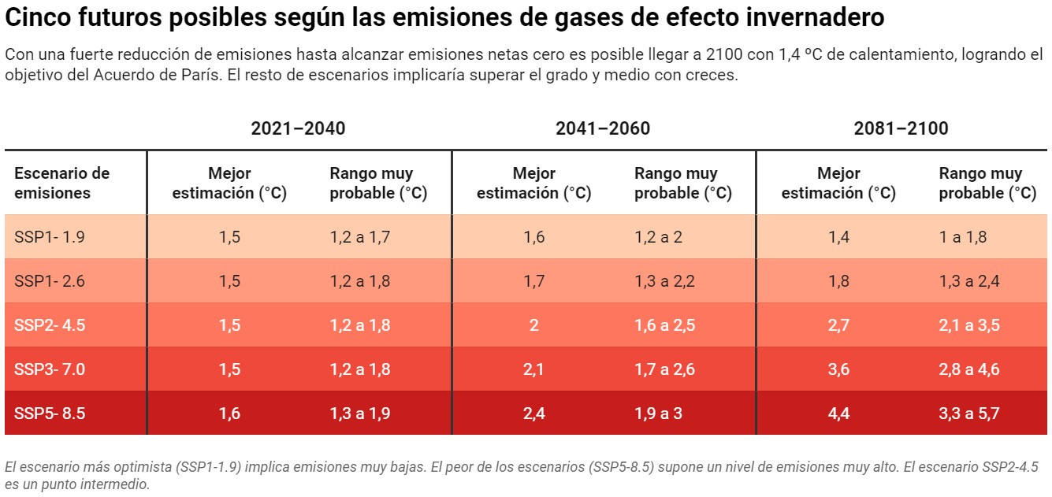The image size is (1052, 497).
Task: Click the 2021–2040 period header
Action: coord(298,128)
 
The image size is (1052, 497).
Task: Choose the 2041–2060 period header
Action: coord(603,128)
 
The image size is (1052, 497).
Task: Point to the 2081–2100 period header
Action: coord(901,128)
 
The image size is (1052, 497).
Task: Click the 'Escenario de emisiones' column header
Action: coord(61,183)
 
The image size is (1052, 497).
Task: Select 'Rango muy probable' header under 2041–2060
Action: coord(682,183)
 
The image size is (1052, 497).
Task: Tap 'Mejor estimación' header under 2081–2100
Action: coord(838,183)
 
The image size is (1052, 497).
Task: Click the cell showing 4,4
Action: coord(838,413)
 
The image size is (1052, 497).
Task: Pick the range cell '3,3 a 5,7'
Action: coord(969,413)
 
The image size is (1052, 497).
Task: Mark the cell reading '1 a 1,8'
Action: coord(962,236)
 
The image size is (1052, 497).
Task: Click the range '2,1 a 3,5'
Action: coord(969,325)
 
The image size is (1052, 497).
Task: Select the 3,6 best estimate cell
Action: coord(838,369)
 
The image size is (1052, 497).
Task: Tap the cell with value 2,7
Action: coord(838,325)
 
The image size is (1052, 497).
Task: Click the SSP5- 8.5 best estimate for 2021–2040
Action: coord(229,413)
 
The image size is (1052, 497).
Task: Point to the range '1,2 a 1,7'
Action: coord(359,236)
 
